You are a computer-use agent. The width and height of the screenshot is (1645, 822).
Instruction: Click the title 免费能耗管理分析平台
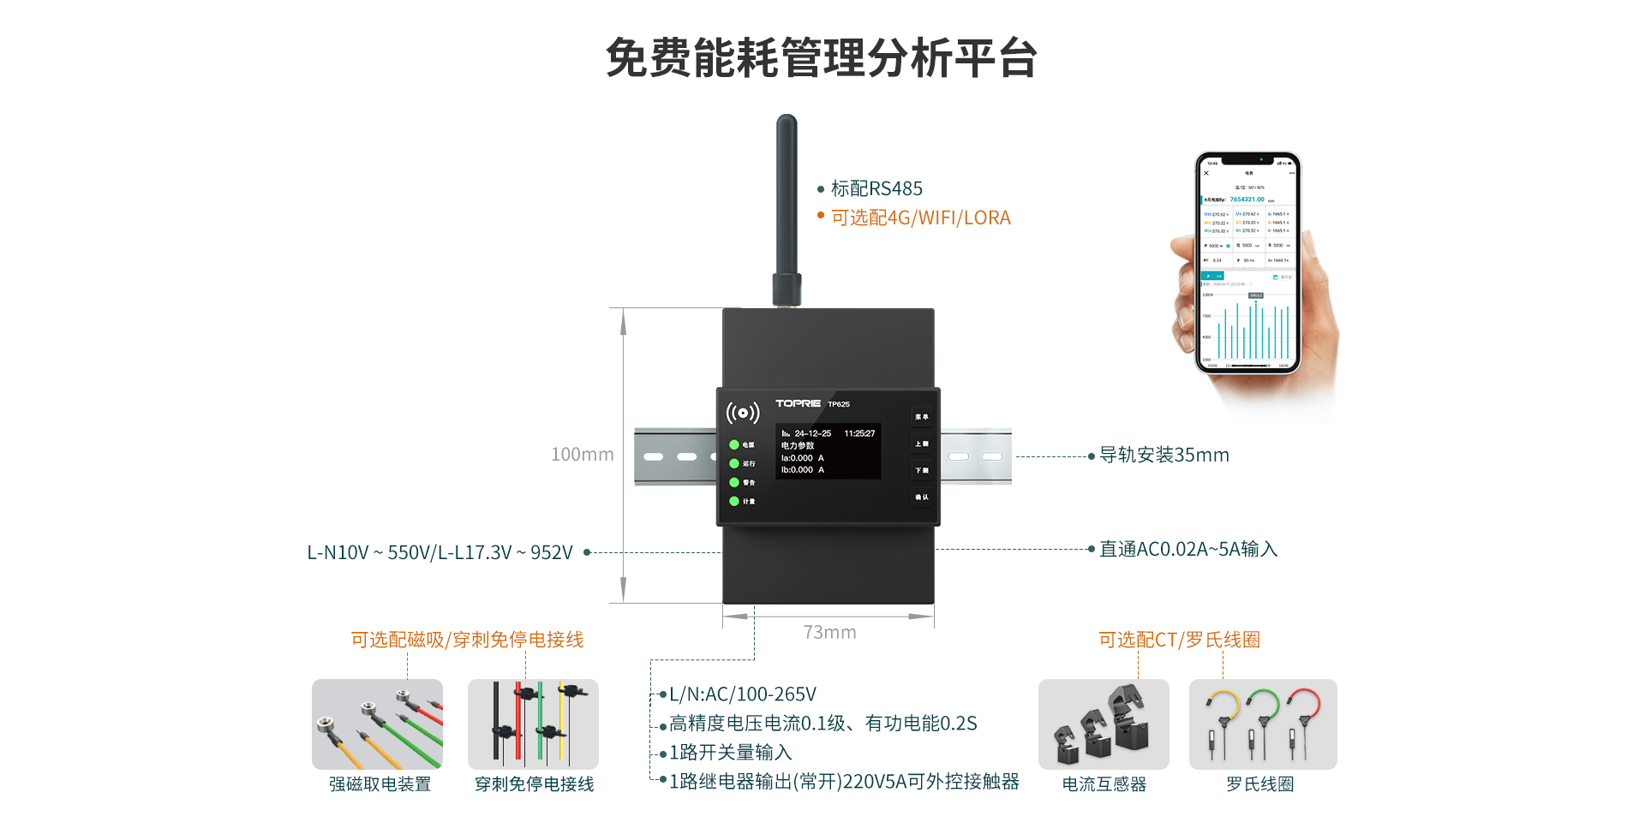pos(822,58)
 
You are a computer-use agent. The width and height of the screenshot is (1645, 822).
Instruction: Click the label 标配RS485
pos(876,188)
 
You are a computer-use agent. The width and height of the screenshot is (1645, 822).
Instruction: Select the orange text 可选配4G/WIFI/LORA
pos(920,217)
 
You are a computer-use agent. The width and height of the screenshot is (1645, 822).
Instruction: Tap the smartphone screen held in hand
pos(1247,264)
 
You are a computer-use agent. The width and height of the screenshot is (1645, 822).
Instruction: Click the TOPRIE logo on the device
pos(798,403)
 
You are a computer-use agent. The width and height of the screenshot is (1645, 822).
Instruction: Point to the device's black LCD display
pos(828,451)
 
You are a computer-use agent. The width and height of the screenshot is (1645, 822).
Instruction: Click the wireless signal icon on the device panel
pos(742,414)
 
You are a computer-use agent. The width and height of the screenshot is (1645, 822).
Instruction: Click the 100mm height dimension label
pos(582,455)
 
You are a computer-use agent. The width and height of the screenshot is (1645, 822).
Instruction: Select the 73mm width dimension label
pos(829,632)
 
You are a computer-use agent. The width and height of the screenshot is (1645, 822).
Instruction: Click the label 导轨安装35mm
pos(1163,456)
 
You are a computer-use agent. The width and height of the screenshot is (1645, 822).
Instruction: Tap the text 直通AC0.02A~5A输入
pos(1187,549)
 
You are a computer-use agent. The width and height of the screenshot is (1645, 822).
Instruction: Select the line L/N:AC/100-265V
pos(742,694)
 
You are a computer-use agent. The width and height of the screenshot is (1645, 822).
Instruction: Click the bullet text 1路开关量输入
pos(730,752)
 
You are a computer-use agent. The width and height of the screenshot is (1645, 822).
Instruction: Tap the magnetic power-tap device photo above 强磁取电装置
pos(377,724)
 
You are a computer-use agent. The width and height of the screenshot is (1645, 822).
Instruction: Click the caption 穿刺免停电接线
pos(534,784)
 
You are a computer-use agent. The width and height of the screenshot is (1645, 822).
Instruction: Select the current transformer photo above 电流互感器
pos(1104,724)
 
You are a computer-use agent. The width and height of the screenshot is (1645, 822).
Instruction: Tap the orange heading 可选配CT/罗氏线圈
pos(1179,640)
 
